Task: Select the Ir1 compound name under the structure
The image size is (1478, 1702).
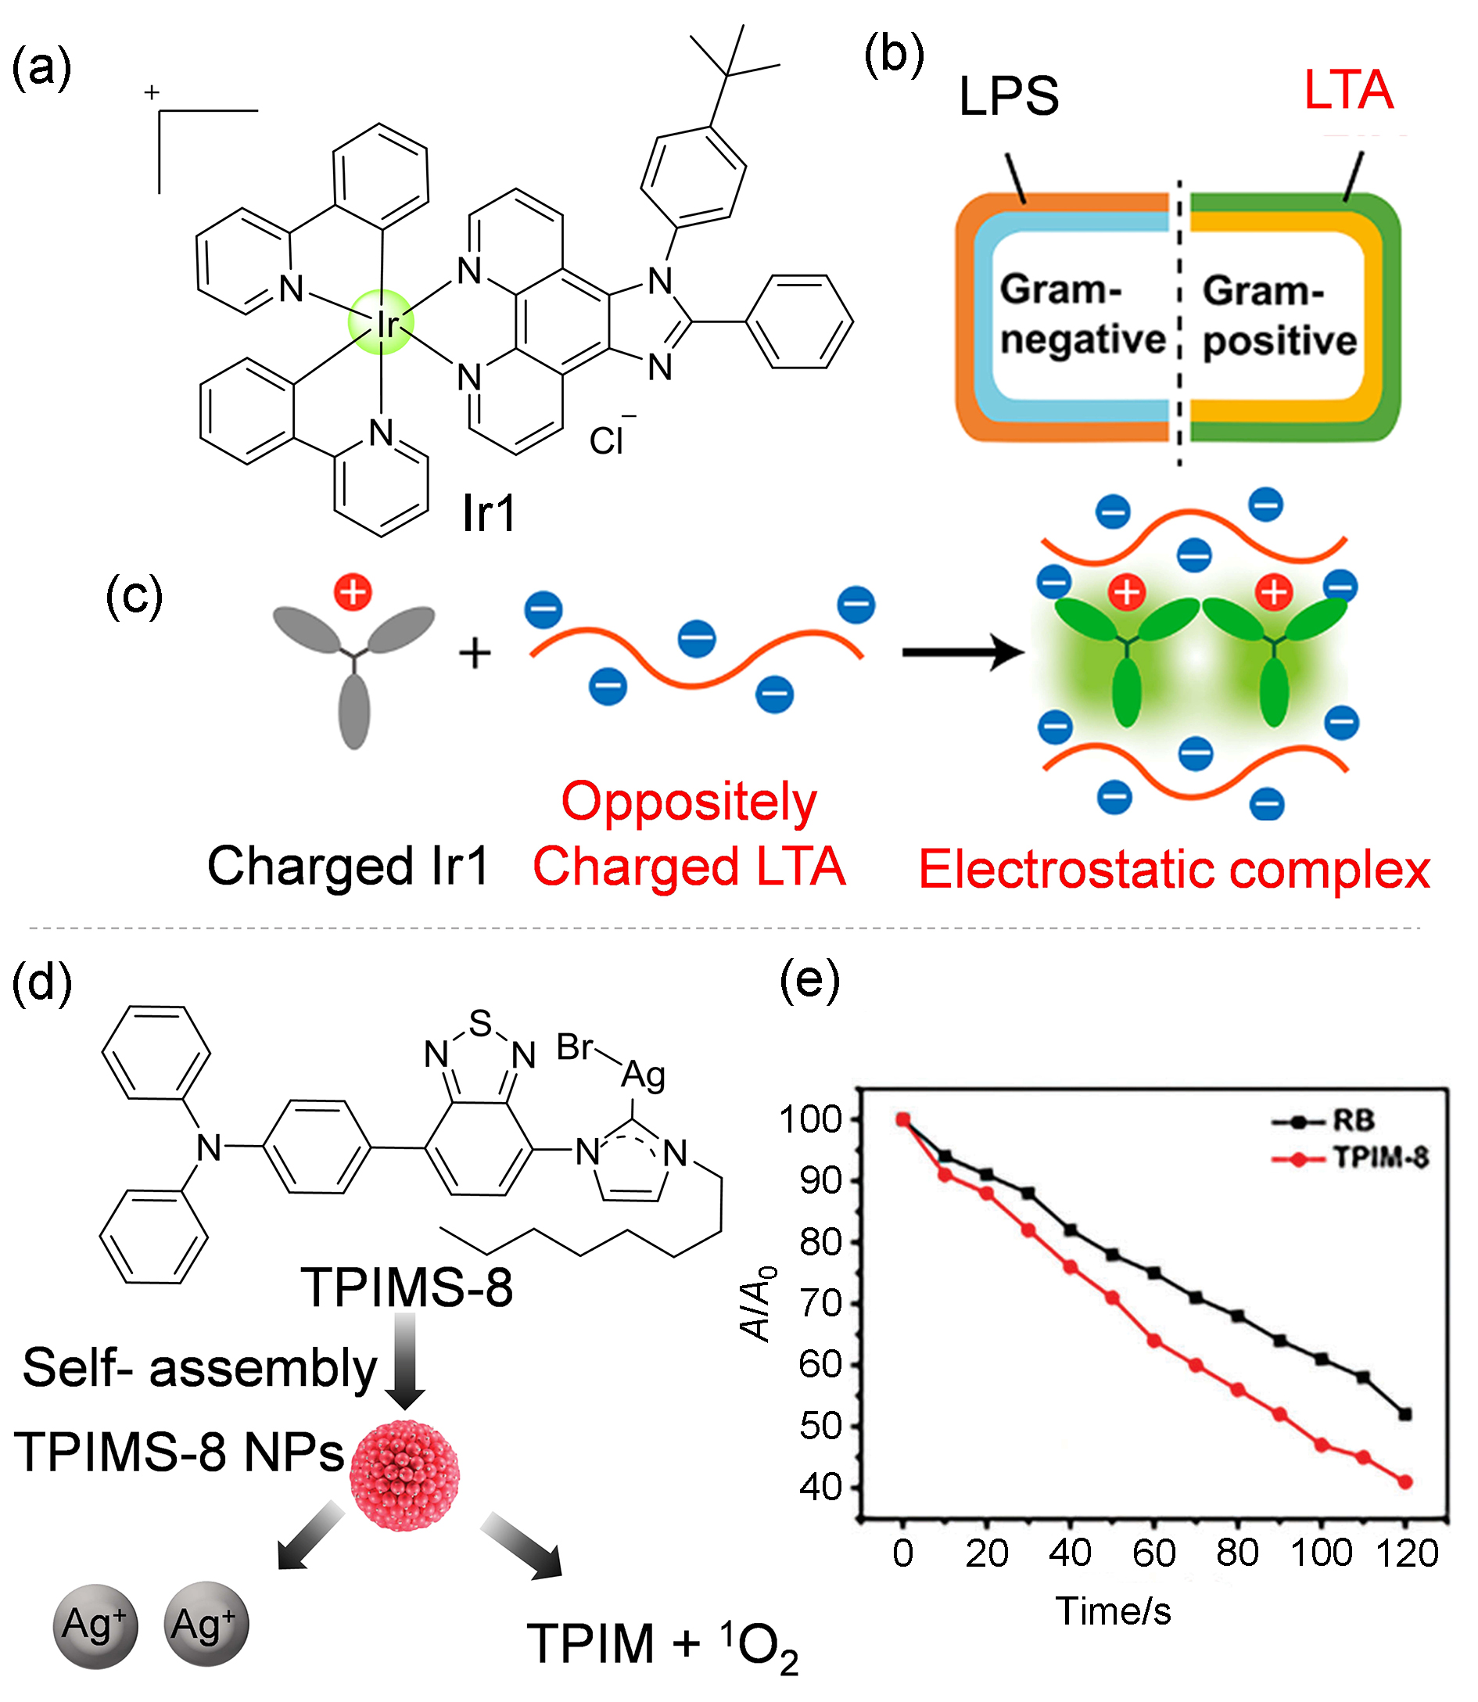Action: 489,513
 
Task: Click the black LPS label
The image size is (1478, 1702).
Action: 1009,95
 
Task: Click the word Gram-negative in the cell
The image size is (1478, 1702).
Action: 1083,314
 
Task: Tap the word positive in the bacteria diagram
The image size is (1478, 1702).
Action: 1279,341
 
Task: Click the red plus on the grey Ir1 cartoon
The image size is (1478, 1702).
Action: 353,592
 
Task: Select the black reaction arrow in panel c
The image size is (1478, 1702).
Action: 963,652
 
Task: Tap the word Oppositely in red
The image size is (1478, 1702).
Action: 689,803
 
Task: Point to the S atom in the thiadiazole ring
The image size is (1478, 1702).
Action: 480,1023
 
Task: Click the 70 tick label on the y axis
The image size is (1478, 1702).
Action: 820,1304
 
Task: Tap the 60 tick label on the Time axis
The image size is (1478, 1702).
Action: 1154,1554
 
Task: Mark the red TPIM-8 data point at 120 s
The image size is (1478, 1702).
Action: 1406,1481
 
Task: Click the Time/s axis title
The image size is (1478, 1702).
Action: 1114,1611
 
